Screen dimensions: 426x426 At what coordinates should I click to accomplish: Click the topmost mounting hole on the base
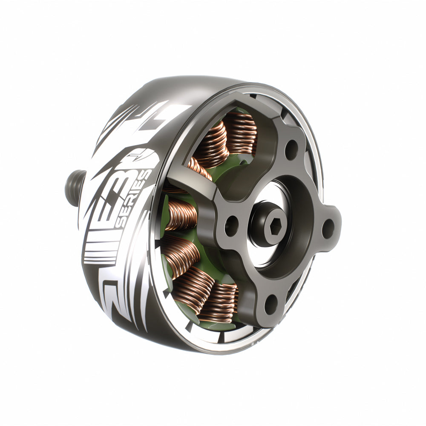coord(291,149)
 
